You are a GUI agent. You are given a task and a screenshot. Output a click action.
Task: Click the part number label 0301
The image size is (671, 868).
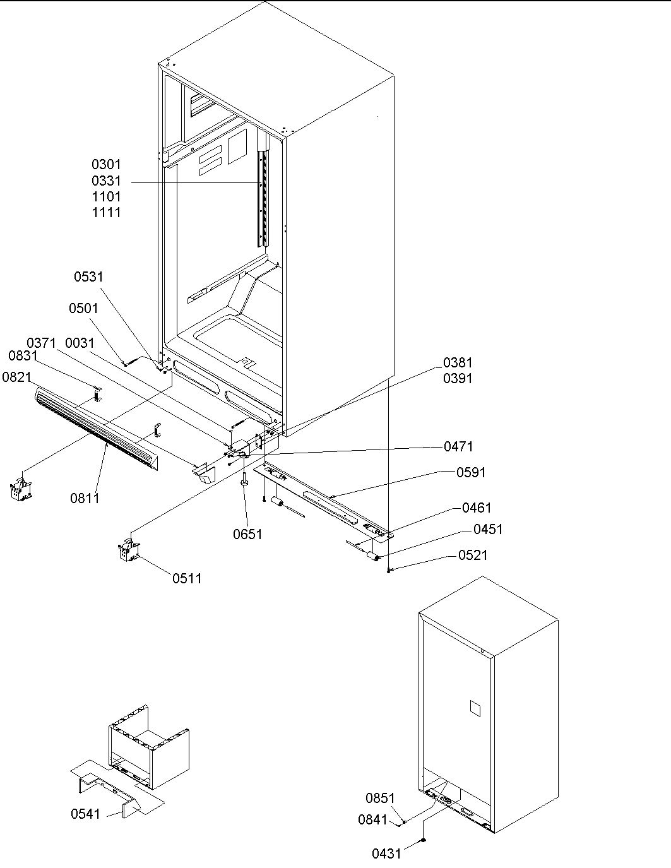106,165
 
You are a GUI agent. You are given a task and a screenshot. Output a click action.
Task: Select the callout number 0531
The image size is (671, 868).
88,276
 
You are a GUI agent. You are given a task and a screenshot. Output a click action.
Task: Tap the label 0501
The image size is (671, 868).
83,308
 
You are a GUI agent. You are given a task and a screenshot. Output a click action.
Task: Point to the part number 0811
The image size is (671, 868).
85,499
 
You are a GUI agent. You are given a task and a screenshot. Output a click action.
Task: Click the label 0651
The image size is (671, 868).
247,534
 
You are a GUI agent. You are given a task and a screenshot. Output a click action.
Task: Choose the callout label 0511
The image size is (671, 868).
187,578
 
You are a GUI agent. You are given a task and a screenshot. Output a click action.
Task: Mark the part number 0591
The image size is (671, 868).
472,472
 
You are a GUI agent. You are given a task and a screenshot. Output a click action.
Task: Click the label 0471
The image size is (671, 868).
458,447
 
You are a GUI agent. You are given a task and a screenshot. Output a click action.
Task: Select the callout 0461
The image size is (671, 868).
477,508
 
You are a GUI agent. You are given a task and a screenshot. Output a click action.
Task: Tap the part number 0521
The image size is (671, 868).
473,556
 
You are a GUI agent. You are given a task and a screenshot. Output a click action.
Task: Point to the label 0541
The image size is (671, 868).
85,814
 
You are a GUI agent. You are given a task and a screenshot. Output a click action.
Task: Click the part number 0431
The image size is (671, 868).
386,853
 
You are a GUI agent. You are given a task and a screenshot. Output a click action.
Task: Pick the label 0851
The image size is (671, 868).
380,799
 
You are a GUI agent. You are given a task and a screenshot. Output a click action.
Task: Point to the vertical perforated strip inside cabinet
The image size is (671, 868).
263,196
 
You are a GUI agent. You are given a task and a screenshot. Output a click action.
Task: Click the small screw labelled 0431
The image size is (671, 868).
424,840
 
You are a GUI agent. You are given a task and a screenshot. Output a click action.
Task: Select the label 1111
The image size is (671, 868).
106,213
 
